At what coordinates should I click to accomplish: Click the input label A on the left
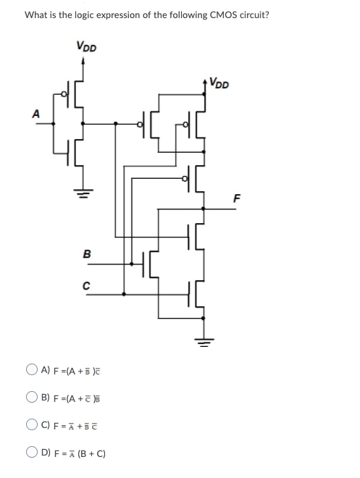pyautogui.click(x=33, y=113)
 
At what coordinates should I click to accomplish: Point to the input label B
pyautogui.click(x=87, y=254)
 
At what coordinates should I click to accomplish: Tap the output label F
pyautogui.click(x=235, y=197)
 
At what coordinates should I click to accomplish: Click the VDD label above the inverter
pyautogui.click(x=86, y=47)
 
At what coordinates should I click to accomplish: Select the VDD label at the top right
pyautogui.click(x=219, y=83)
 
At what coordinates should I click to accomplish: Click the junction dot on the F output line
pyautogui.click(x=203, y=208)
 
